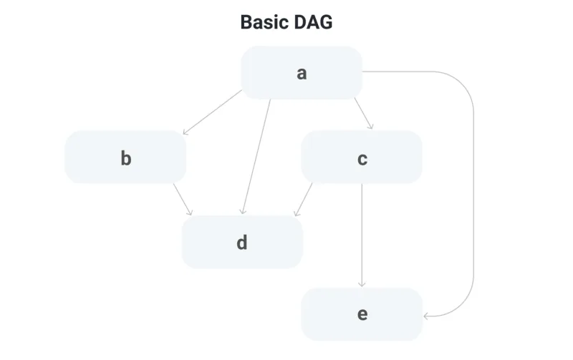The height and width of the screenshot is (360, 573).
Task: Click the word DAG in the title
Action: tap(313, 22)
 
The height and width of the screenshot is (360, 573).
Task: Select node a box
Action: tap(302, 73)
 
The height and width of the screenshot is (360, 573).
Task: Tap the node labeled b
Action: tap(125, 157)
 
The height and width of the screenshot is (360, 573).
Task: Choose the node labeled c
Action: tap(362, 157)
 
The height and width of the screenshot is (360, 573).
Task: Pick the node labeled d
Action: tap(242, 242)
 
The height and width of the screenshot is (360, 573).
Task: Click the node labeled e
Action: tap(362, 314)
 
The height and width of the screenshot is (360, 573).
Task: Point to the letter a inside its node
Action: tap(302, 74)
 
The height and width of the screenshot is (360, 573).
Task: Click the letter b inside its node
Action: tap(126, 158)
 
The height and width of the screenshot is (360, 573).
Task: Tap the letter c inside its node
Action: tap(362, 159)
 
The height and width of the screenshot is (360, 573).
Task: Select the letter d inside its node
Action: tap(242, 243)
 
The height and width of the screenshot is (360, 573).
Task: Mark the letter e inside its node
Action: tap(362, 314)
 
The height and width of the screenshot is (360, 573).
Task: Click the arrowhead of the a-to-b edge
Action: tap(186, 132)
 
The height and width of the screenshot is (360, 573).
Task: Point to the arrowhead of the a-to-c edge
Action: tap(370, 127)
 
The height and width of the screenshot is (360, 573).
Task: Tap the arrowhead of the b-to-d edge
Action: tap(190, 213)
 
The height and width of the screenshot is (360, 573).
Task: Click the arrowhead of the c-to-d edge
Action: tap(297, 213)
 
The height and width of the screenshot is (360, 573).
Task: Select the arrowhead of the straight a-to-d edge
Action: tap(243, 211)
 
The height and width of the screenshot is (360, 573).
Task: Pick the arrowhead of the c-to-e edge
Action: tap(362, 284)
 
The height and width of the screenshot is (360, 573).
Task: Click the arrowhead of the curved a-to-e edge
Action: tap(426, 316)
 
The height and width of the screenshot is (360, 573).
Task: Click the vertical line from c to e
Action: tap(362, 235)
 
